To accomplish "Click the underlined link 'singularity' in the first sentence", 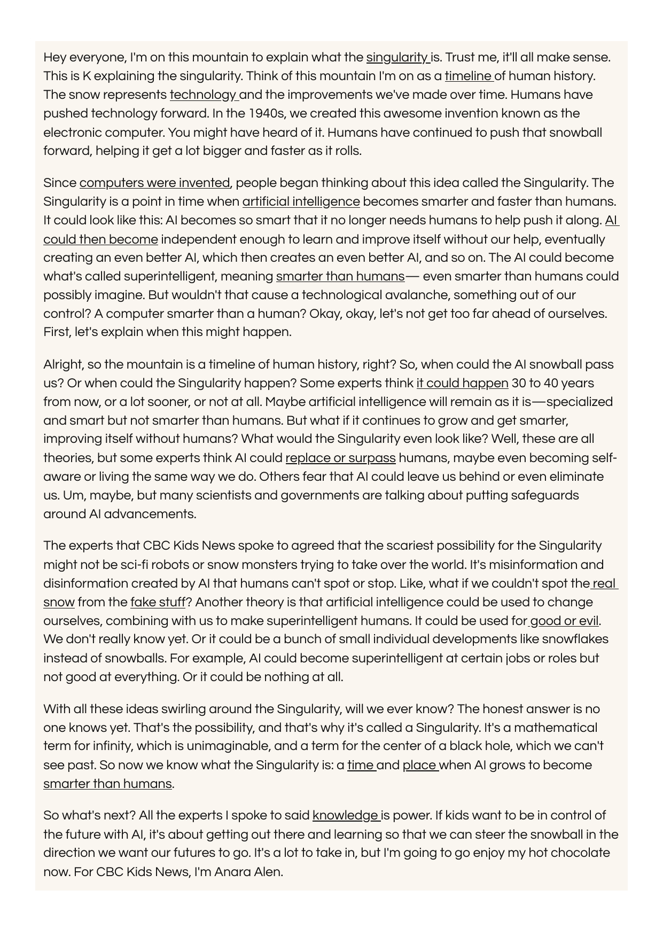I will click(x=397, y=58).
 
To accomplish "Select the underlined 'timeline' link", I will click(x=468, y=76).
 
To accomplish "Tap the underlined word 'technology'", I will click(x=203, y=95).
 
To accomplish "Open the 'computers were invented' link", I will click(x=154, y=183).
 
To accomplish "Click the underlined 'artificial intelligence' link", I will click(x=301, y=202).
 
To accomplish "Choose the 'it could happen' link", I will click(x=462, y=384).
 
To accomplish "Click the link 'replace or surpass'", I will click(x=340, y=458).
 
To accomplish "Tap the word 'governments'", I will click(x=319, y=496).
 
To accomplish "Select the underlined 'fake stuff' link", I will click(x=158, y=603).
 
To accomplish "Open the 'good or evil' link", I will click(x=564, y=621).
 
